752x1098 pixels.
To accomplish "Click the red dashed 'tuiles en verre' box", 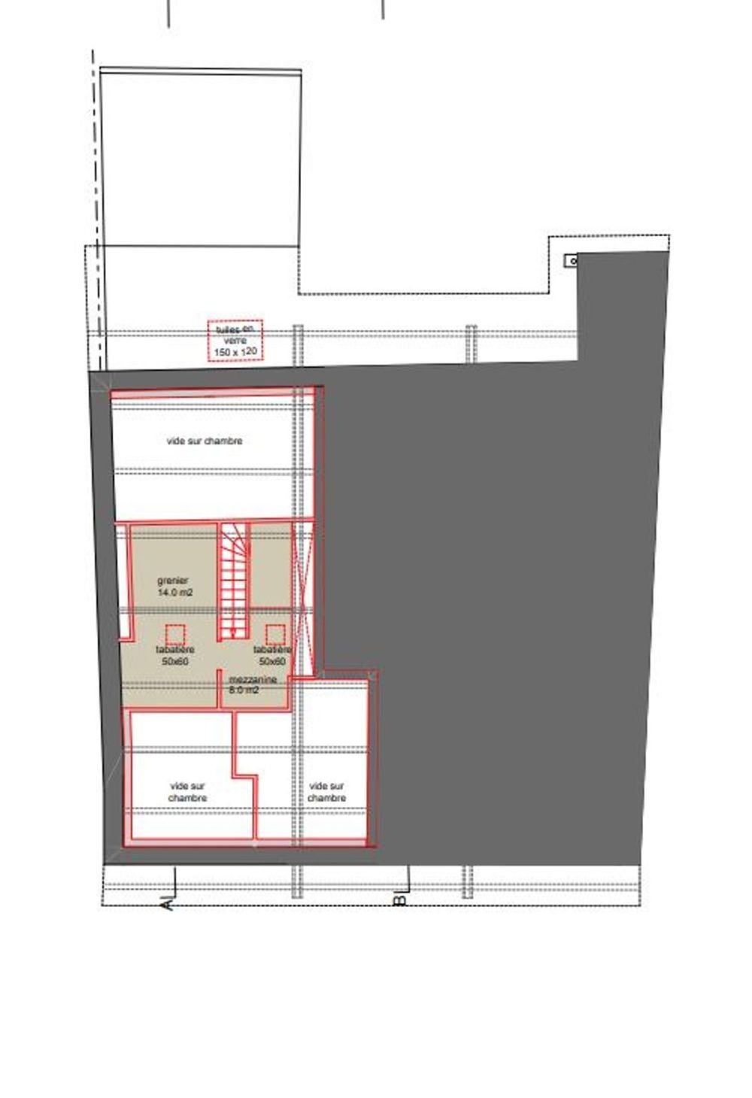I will click(x=235, y=340).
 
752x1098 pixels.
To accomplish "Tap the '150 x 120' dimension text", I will click(x=235, y=352).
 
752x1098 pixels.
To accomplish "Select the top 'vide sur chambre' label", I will click(x=204, y=441).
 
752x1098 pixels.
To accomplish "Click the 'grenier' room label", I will click(x=173, y=581).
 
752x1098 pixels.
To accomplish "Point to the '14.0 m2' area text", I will click(x=175, y=593).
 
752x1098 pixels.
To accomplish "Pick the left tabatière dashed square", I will click(x=175, y=634).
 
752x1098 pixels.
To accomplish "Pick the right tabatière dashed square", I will click(x=275, y=634).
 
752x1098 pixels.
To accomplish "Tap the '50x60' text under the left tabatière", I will click(x=175, y=662).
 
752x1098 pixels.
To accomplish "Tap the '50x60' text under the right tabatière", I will click(x=272, y=662).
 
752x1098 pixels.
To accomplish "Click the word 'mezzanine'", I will click(x=253, y=680).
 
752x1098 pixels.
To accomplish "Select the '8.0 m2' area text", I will click(x=244, y=690).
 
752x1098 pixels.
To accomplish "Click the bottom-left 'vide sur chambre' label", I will click(x=187, y=792).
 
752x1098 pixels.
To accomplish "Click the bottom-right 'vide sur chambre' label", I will click(x=326, y=792).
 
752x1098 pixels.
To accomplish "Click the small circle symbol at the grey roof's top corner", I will click(x=573, y=261).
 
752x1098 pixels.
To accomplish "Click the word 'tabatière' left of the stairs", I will click(x=175, y=650).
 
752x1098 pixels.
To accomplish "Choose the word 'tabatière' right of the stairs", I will click(x=272, y=650).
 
